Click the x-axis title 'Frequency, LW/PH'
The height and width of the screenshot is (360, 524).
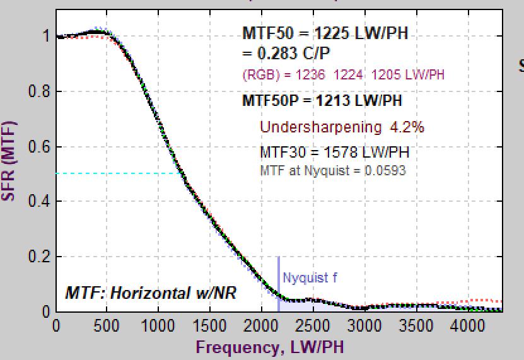click(270, 347)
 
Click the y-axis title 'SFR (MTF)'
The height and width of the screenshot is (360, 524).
click(8, 161)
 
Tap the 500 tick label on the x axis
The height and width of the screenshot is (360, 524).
click(107, 327)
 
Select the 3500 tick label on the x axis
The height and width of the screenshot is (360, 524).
click(416, 327)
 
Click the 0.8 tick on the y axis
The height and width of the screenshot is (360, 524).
click(56, 91)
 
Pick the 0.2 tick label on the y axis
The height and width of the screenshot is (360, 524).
click(38, 257)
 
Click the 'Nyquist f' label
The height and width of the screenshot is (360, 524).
click(306, 278)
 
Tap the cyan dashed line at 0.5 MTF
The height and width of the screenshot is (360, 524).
click(114, 173)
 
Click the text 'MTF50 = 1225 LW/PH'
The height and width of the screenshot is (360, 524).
click(325, 34)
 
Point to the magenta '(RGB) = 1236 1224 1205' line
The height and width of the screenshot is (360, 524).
click(343, 75)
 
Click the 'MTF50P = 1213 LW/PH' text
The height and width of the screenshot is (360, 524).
click(322, 101)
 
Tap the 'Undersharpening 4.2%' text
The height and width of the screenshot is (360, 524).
click(342, 127)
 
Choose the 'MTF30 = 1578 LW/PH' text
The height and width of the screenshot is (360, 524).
click(334, 152)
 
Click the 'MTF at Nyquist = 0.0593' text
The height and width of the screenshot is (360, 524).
click(333, 170)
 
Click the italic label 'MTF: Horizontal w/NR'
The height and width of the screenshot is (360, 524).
click(151, 293)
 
